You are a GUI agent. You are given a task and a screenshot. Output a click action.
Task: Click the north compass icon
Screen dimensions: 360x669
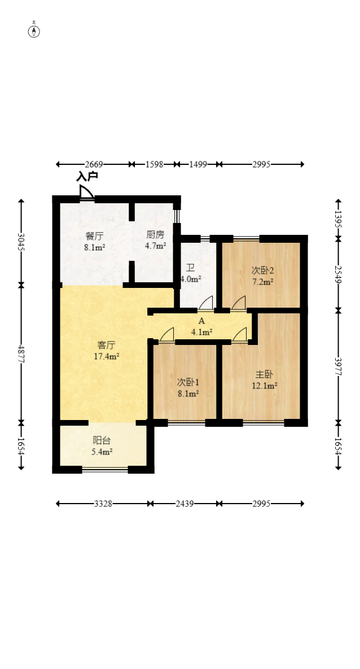point(34,30)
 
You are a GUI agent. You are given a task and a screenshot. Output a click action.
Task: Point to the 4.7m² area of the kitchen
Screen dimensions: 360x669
point(155,246)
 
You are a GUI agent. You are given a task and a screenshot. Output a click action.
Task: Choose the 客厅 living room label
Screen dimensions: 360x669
point(106,345)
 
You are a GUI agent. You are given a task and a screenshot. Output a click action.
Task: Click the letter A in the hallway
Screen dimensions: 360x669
point(201,322)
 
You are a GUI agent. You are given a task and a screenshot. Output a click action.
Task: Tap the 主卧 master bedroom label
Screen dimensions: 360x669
point(264,374)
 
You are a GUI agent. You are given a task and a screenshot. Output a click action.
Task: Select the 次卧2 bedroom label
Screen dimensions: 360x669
point(262,270)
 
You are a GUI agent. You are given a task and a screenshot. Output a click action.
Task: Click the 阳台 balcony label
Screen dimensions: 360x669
point(102,441)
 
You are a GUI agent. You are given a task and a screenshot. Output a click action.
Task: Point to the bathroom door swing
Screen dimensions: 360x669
point(205,303)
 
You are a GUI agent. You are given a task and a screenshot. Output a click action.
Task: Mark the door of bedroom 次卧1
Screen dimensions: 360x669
point(167,334)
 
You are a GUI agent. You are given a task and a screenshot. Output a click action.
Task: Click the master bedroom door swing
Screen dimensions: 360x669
point(239,334)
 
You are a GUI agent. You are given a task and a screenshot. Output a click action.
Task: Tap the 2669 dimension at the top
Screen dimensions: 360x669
point(94,164)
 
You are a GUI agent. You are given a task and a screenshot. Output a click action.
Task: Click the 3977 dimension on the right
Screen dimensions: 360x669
point(338,366)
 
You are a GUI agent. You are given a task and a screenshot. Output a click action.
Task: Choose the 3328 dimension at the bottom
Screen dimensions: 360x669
point(103,504)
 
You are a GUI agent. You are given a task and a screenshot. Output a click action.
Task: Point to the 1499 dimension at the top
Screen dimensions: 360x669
point(197,164)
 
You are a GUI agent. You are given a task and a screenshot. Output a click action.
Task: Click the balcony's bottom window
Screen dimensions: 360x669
point(105,470)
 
